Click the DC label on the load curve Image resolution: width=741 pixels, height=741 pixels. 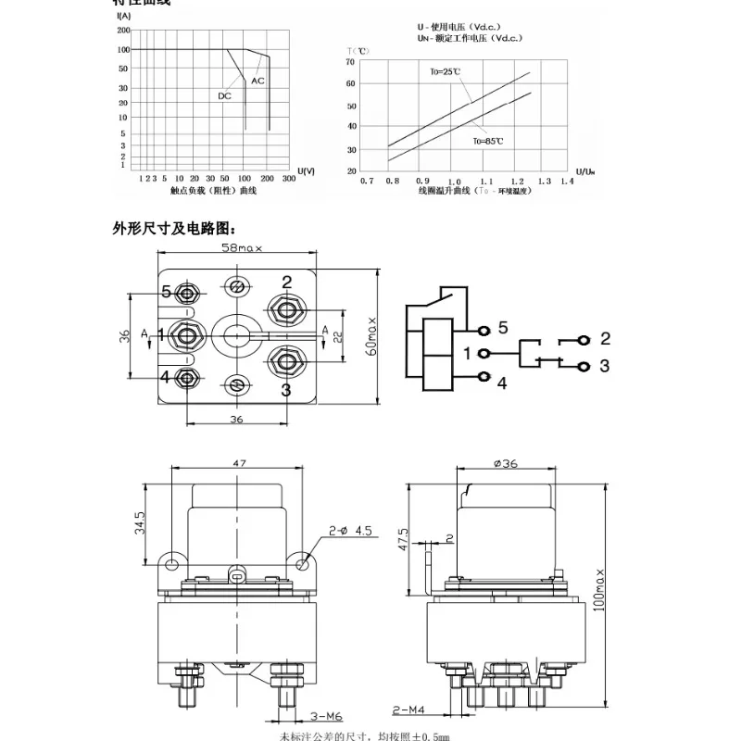(225, 96)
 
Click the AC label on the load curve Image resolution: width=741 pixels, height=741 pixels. (257, 82)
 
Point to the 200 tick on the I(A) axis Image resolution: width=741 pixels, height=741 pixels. (123, 30)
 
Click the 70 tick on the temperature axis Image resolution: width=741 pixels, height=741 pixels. (351, 62)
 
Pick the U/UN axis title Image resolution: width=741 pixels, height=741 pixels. (585, 171)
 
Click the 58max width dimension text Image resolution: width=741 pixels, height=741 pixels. (243, 248)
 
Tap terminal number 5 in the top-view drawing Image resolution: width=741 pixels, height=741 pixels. (167, 291)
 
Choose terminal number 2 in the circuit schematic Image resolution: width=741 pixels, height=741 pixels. (605, 338)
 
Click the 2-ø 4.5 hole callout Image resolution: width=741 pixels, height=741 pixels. (351, 532)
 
